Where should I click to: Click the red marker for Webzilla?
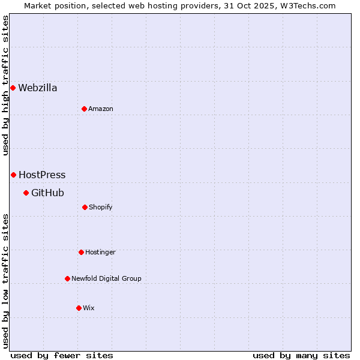click(x=13, y=88)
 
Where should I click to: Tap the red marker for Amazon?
click(x=84, y=109)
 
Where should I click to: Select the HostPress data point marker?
click(x=13, y=175)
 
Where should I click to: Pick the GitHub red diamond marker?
click(x=26, y=193)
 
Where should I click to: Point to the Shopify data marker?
click(x=85, y=207)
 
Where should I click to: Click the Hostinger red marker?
click(x=81, y=252)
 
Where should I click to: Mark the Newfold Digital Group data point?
click(x=67, y=278)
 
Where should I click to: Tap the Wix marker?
click(x=79, y=308)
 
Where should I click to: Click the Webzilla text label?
click(x=38, y=88)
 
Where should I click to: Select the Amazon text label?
click(x=101, y=109)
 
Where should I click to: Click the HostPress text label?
click(x=42, y=175)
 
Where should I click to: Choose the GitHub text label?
click(x=47, y=193)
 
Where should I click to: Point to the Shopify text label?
click(x=101, y=207)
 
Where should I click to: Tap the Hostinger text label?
click(x=100, y=252)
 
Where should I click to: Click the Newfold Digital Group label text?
click(x=106, y=278)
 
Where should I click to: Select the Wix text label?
click(x=89, y=308)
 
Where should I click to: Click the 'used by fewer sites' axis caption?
click(x=62, y=355)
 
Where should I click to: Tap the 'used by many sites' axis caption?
click(x=301, y=355)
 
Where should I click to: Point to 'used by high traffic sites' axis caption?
click(x=5, y=85)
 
